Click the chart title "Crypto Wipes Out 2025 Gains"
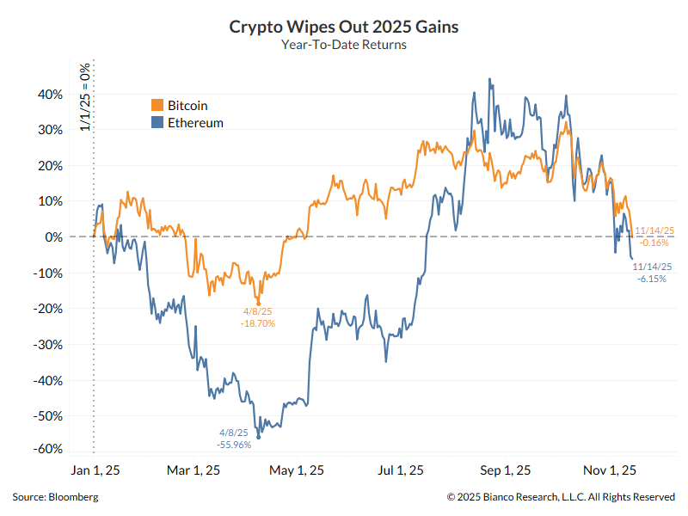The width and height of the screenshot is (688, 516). pyautogui.click(x=343, y=27)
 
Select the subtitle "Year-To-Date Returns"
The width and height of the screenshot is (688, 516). pyautogui.click(x=343, y=45)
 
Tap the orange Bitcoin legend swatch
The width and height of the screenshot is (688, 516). pyautogui.click(x=157, y=105)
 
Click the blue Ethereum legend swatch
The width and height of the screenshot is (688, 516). pyautogui.click(x=157, y=123)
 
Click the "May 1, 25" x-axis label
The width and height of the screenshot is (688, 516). pyautogui.click(x=298, y=470)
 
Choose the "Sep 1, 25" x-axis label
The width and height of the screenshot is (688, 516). pyautogui.click(x=503, y=470)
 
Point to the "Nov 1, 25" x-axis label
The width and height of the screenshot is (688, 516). pyautogui.click(x=610, y=470)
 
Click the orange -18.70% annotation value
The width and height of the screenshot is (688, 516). pyautogui.click(x=258, y=323)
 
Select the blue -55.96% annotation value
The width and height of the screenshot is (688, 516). pyautogui.click(x=233, y=445)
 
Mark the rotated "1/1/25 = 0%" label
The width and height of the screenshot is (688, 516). pyautogui.click(x=84, y=96)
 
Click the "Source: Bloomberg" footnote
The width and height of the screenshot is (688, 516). pyautogui.click(x=55, y=497)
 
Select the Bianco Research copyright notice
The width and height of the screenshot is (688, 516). pyautogui.click(x=561, y=497)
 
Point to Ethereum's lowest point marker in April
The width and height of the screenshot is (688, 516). pyautogui.click(x=259, y=438)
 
